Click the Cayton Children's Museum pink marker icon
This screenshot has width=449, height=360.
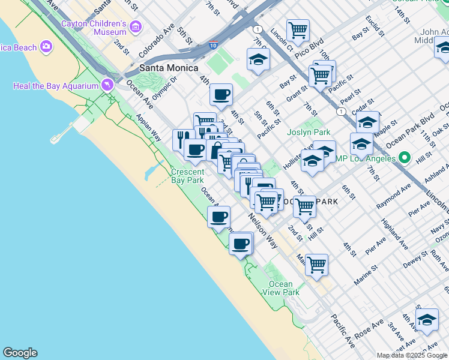[136, 27]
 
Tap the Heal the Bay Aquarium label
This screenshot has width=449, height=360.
[55, 86]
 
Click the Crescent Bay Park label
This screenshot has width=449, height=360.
[187, 175]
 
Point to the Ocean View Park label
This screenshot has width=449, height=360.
[280, 288]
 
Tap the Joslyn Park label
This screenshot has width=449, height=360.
[309, 132]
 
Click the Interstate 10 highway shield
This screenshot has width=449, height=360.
[214, 45]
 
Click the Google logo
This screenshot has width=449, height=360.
[20, 353]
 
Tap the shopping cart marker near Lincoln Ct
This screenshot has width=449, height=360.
[298, 29]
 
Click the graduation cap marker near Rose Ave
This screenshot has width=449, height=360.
[427, 320]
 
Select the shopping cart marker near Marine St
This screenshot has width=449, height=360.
[316, 265]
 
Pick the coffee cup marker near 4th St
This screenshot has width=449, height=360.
[221, 94]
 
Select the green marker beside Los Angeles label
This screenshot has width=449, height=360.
[405, 158]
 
